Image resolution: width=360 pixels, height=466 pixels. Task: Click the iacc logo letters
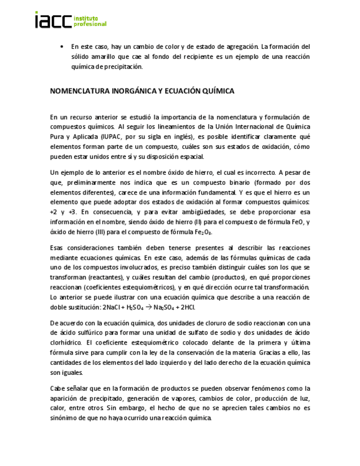point(53,20)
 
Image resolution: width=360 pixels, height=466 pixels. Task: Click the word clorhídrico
point(65,342)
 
